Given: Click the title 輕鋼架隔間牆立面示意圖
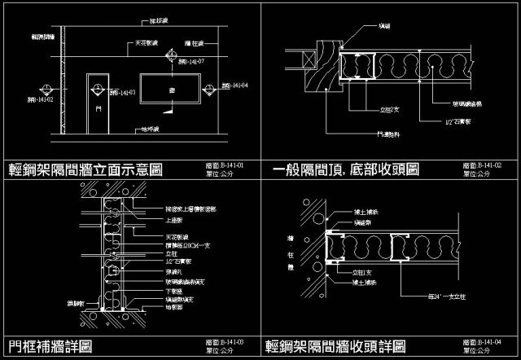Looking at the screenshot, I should (x=85, y=169).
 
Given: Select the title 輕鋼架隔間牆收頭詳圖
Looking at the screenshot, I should (x=335, y=346).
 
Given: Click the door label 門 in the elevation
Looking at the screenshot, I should (x=98, y=107).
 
